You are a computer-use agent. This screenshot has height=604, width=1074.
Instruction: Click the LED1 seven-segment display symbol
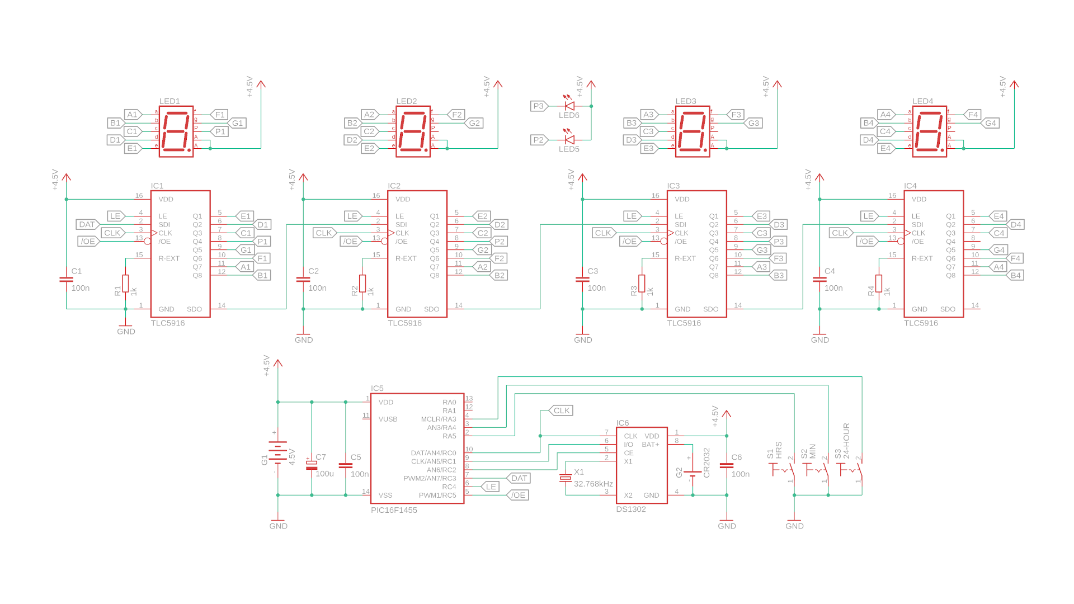pos(176,131)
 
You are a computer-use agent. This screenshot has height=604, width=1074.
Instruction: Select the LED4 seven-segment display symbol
pos(929,131)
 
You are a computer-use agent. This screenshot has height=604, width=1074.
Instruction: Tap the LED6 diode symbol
pos(569,105)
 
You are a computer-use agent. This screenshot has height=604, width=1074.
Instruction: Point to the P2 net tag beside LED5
pos(538,140)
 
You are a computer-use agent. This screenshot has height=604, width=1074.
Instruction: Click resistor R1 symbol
pos(126,283)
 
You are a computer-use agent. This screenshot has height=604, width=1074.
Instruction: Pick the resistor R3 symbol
pos(642,283)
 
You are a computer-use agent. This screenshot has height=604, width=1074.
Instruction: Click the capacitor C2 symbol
pos(303,279)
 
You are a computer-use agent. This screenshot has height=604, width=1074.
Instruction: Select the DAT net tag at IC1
pos(87,224)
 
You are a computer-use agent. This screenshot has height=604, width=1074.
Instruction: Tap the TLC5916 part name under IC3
pos(684,323)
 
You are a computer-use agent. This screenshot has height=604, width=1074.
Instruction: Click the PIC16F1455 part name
pos(394,510)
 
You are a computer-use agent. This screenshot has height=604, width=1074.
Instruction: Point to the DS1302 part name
pos(631,509)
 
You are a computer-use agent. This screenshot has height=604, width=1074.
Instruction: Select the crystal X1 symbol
pos(566,478)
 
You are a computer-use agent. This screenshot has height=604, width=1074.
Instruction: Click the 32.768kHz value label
pos(593,484)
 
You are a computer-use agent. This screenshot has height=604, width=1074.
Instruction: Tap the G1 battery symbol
pos(278,452)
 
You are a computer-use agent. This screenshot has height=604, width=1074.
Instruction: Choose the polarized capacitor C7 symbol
pos(312,465)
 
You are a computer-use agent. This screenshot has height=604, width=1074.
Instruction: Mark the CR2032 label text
pos(706,463)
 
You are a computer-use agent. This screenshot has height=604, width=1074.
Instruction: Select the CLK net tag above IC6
pos(561,410)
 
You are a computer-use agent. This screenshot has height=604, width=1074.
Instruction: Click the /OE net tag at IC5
pos(518,495)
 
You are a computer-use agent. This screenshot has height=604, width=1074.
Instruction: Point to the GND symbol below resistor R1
pos(126,328)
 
